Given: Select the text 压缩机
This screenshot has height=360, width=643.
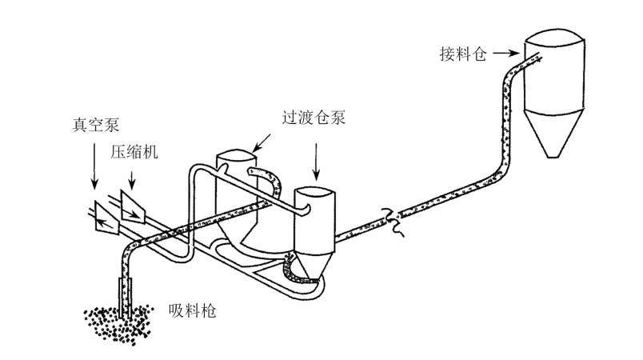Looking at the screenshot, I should (x=134, y=152).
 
